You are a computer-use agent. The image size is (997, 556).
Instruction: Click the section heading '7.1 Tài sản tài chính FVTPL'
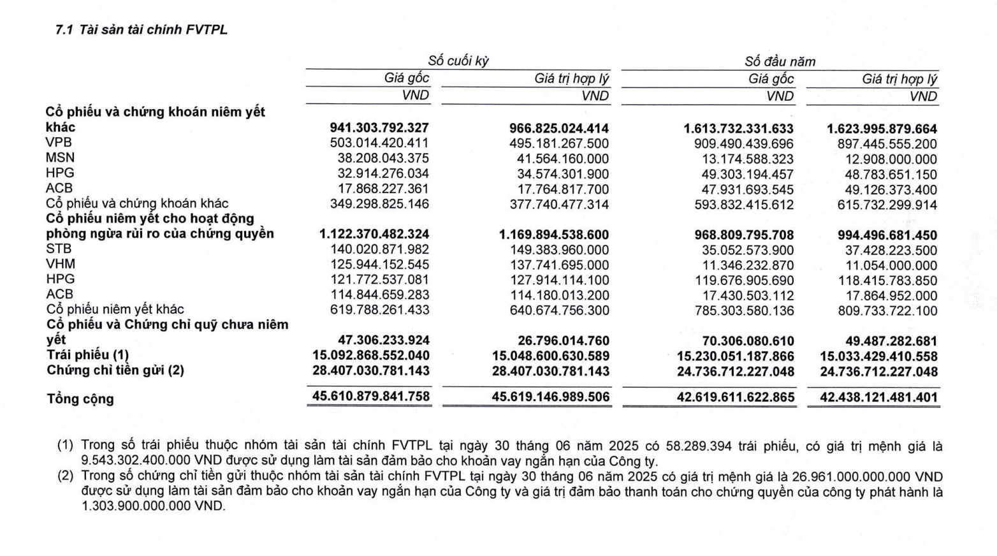(x=141, y=30)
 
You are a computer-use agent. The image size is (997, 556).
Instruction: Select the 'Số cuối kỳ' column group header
(x=458, y=61)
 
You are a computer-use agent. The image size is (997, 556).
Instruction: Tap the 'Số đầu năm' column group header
(x=780, y=62)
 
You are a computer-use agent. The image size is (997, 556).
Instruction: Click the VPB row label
(x=59, y=142)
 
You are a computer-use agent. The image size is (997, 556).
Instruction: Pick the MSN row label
(x=60, y=157)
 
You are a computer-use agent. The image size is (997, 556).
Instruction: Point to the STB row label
(x=59, y=249)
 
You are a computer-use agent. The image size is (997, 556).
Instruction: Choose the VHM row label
(x=61, y=264)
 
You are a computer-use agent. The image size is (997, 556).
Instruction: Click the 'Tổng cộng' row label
(x=80, y=399)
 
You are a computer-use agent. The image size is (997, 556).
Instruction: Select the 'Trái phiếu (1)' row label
(x=88, y=355)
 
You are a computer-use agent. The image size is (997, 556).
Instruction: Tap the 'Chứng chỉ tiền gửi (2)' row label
(x=115, y=370)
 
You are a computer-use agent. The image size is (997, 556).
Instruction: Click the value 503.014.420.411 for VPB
(x=379, y=143)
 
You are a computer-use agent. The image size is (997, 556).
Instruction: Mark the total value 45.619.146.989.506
(x=551, y=397)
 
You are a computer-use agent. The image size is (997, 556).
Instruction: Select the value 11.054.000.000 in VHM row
(x=891, y=265)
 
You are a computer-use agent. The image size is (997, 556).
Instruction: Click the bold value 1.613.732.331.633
(x=738, y=128)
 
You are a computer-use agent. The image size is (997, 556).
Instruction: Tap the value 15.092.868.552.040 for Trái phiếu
(x=371, y=356)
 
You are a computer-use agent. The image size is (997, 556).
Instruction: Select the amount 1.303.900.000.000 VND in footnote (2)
(x=153, y=506)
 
